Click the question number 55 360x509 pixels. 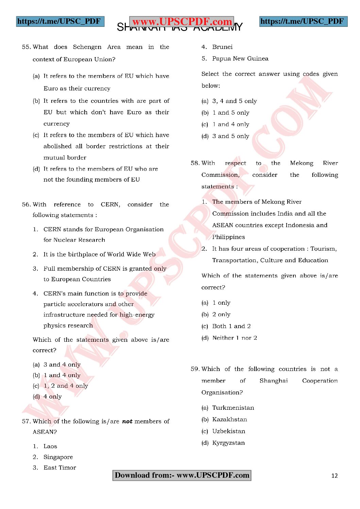point(26,47)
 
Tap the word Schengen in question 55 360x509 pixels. point(87,47)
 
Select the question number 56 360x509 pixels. point(26,204)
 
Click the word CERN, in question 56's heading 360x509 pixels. point(110,204)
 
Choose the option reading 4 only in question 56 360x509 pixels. point(52,396)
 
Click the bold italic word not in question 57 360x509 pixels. point(127,421)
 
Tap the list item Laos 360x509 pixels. point(50,446)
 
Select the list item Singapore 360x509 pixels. point(58,457)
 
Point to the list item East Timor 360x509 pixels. point(59,468)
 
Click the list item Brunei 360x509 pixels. point(222,47)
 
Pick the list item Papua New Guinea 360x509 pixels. point(240,58)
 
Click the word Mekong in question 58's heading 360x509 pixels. point(302,163)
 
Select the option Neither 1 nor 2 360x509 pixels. point(235,338)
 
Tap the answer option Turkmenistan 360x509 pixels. point(233,408)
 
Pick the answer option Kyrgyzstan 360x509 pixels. point(228,443)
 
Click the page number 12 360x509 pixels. point(335,476)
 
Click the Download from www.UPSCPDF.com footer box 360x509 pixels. point(182,475)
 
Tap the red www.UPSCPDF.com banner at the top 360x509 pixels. point(182,22)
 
